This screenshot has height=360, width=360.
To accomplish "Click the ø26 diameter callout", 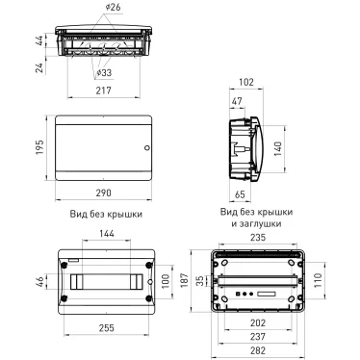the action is [113, 7].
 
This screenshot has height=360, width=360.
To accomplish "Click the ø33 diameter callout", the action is [104, 73].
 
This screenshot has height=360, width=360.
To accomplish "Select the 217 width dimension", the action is [104, 90].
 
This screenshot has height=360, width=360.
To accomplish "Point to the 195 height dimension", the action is [39, 147].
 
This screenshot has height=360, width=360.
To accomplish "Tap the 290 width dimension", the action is [104, 193].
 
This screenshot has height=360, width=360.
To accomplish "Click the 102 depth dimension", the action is [246, 82].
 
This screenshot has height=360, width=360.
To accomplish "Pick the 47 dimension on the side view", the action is [237, 101].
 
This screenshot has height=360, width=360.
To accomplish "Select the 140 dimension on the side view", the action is [277, 149].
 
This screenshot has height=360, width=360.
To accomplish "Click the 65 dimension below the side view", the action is [240, 194].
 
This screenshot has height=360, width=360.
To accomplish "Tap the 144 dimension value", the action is [107, 233].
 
